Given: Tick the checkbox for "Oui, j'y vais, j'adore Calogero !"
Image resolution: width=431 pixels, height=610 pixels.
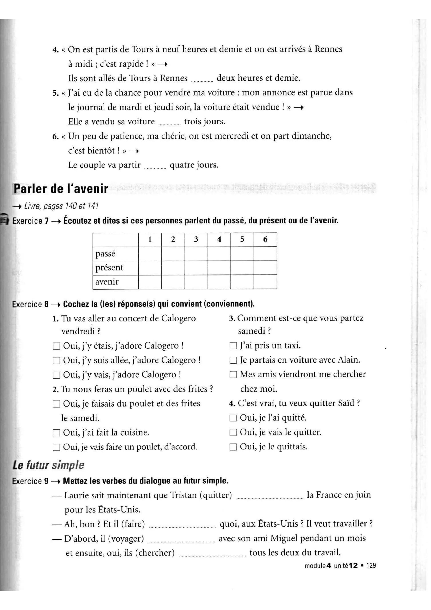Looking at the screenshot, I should tap(56, 375).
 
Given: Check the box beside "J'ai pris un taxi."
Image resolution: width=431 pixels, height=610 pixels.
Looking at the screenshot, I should tap(233, 346).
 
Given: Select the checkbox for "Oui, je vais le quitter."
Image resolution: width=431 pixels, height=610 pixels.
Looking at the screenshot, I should tap(233, 432).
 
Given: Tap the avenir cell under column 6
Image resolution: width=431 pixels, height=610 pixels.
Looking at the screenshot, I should tap(265, 282).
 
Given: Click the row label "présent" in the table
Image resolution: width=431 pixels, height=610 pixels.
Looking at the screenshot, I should tap(109, 267).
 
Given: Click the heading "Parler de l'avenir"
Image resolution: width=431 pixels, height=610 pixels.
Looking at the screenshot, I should tap(61, 189).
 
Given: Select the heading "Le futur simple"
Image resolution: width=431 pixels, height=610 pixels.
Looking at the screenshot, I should tap(48, 465).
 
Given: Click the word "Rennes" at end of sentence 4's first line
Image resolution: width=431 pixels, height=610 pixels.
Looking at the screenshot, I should tap(328, 49).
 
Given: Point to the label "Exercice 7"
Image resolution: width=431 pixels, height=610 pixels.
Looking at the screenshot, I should tap(31, 221).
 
